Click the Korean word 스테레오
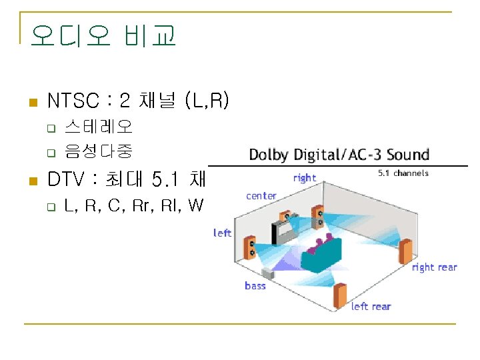point(99,126)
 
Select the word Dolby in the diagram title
point(269,155)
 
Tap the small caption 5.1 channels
point(403,173)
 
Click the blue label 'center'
point(261,195)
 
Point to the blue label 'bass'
point(255,285)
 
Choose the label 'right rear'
point(434,267)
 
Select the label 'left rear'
point(371,306)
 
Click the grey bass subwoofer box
point(269,273)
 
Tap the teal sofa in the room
point(319,255)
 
